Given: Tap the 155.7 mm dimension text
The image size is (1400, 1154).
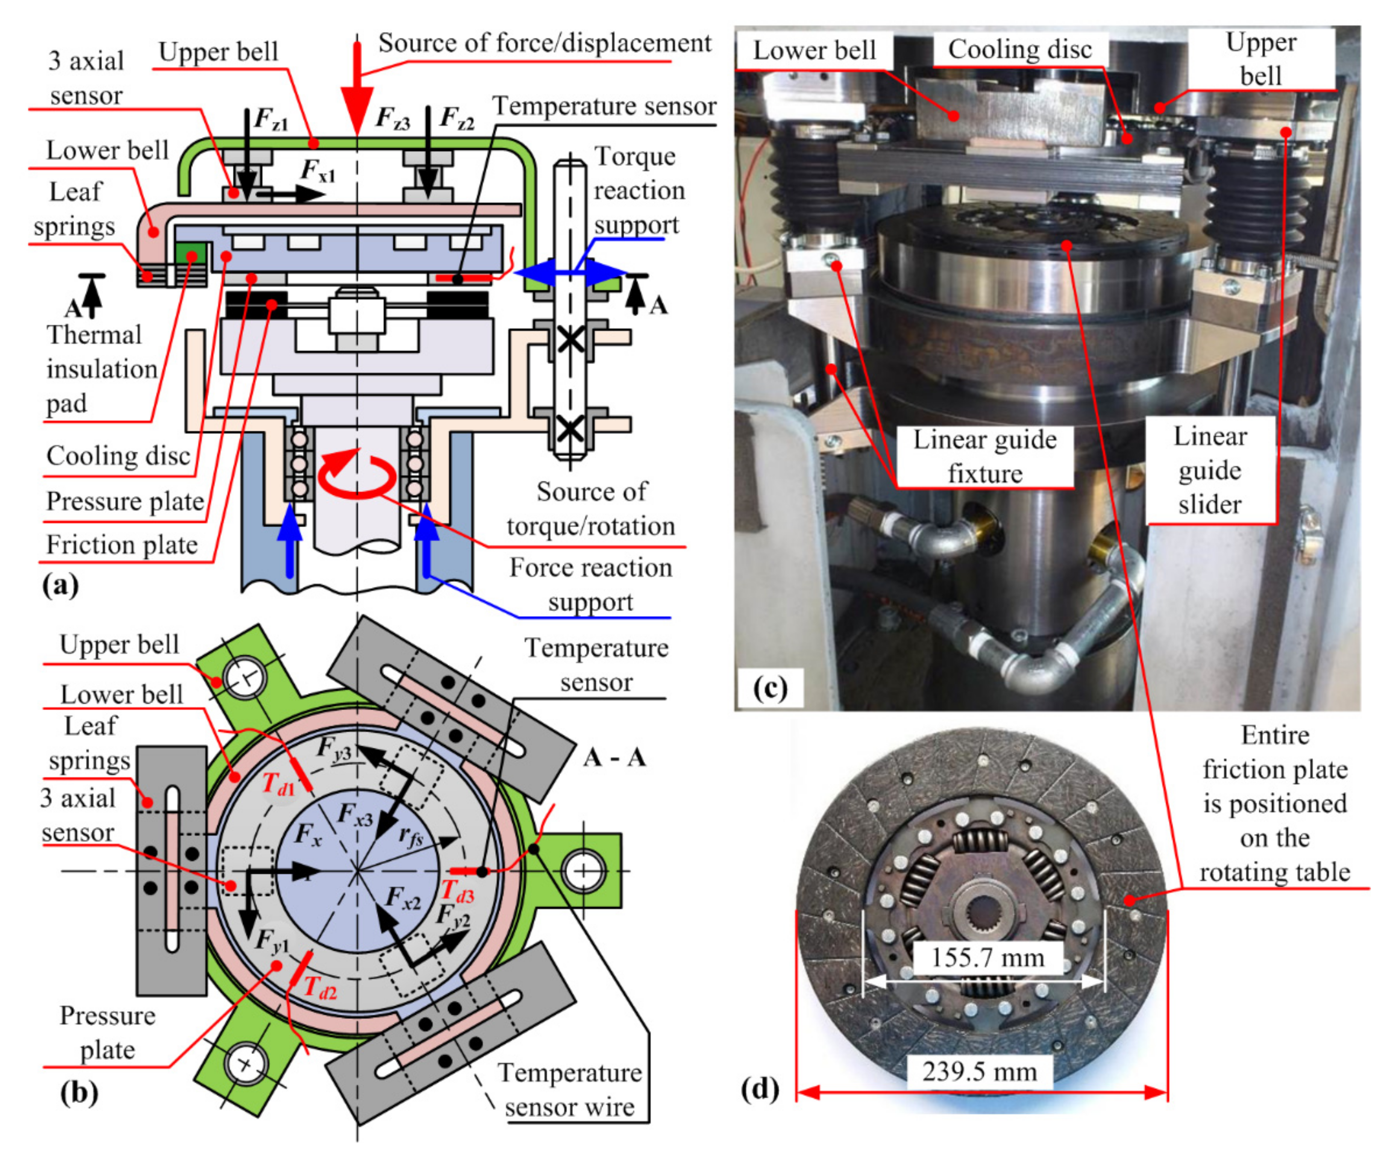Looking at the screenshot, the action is tap(987, 957).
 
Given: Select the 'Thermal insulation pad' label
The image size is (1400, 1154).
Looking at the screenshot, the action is tap(101, 369).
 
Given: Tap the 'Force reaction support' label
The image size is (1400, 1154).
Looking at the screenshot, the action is tap(590, 584).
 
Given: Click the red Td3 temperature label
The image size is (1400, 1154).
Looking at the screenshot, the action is tap(458, 891).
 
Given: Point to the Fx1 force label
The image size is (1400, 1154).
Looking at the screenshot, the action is tap(317, 171).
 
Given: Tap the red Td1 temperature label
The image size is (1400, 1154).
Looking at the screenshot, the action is tap(278, 784).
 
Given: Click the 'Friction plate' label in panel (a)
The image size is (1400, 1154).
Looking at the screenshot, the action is tap(122, 545).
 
